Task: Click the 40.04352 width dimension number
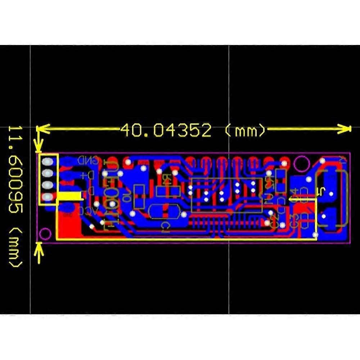pos(166,130)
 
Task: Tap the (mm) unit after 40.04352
pos(245,130)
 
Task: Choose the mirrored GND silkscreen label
pos(89,160)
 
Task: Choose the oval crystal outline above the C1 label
pos(164,211)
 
